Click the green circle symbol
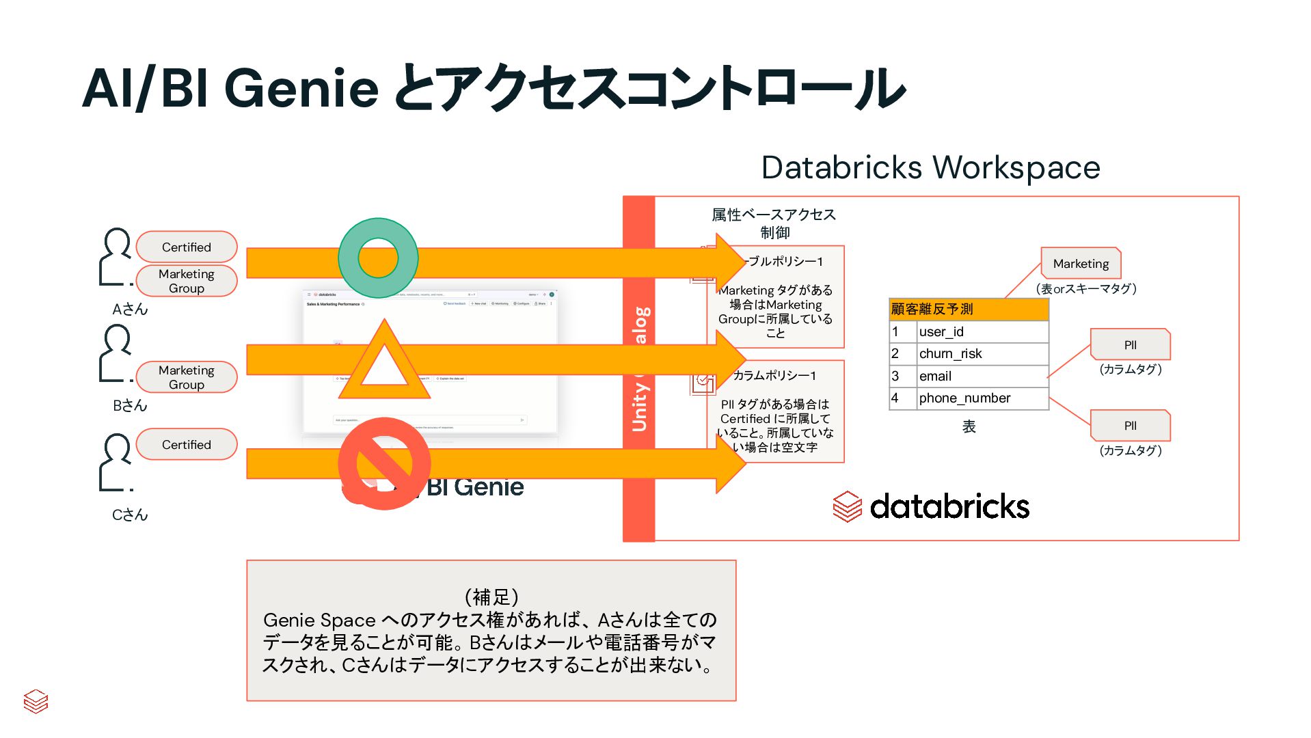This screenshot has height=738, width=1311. (x=378, y=258)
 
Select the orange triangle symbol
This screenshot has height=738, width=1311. (x=383, y=363)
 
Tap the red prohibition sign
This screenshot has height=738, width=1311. (x=384, y=464)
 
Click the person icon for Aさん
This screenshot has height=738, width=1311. (x=116, y=256)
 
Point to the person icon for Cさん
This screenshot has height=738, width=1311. (x=116, y=463)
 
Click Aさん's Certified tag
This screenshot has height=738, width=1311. (x=187, y=247)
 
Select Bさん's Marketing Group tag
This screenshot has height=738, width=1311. (x=187, y=377)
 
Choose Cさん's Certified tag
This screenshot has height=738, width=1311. (x=187, y=444)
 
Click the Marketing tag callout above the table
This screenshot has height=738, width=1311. (x=1081, y=264)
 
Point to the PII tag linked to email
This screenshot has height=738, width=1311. (x=1130, y=345)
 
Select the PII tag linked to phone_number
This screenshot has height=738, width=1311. (x=1130, y=426)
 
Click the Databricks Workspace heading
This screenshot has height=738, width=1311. (x=930, y=167)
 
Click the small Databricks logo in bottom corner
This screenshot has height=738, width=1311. (x=36, y=701)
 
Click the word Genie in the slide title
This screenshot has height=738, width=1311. (x=301, y=89)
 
